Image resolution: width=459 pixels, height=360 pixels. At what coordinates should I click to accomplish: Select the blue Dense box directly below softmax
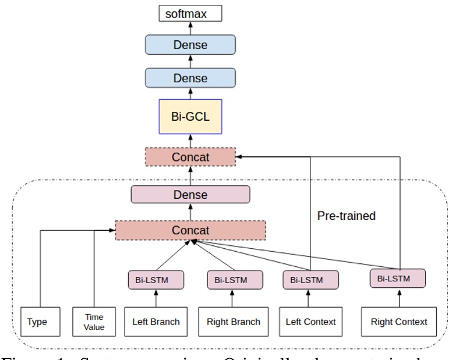click(x=190, y=45)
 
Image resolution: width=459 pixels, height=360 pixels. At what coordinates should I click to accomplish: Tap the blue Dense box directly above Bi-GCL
click(x=190, y=78)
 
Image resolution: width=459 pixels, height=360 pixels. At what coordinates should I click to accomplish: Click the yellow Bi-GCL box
click(x=191, y=117)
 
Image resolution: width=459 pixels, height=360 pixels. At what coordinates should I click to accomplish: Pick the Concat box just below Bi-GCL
click(x=190, y=157)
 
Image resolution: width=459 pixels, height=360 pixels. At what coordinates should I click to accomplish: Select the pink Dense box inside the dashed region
click(x=190, y=195)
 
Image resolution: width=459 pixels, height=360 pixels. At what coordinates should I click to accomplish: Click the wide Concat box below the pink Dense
click(x=190, y=230)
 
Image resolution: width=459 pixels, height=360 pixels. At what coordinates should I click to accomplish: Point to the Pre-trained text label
click(x=346, y=215)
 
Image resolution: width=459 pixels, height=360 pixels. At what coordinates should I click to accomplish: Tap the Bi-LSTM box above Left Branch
click(x=156, y=280)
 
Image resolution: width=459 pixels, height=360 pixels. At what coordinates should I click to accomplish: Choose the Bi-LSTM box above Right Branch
click(x=235, y=280)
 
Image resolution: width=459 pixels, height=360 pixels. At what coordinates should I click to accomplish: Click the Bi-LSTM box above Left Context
click(x=310, y=280)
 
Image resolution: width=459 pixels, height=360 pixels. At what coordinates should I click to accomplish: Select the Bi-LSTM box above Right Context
click(x=398, y=279)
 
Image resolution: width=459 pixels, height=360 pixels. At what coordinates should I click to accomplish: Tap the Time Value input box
click(x=94, y=322)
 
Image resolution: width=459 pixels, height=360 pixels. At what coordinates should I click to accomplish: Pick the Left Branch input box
click(x=156, y=322)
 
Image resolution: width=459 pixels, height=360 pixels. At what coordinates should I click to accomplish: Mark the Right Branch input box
click(x=233, y=322)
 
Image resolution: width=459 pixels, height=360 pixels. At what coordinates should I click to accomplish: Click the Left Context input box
click(x=310, y=322)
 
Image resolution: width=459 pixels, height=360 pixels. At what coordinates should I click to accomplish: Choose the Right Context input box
click(x=398, y=322)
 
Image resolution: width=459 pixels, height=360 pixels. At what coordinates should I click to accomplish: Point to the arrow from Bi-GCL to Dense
click(x=190, y=94)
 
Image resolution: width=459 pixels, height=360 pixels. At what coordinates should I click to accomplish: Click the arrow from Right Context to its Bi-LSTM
click(x=398, y=297)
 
